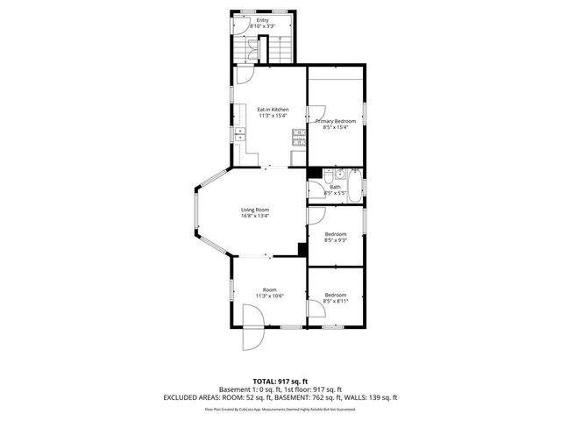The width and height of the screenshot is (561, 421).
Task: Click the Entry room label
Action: click(262, 20)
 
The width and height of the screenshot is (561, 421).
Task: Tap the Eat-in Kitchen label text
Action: click(273, 110)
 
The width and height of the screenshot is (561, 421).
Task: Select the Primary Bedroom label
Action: click(336, 122)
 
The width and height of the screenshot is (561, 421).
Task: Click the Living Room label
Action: click(255, 210)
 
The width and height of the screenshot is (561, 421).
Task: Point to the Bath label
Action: click(335, 186)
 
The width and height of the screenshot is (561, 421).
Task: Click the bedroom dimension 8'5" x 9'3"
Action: click(336, 239)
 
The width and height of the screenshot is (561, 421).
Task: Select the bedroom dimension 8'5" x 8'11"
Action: click(336, 301)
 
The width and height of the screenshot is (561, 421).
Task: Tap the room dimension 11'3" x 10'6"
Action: click(269, 296)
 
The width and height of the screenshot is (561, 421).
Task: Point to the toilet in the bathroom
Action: click(337, 174)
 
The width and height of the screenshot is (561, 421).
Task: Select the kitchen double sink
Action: click(238, 132)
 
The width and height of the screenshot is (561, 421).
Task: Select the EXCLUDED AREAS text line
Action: click(280, 396)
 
